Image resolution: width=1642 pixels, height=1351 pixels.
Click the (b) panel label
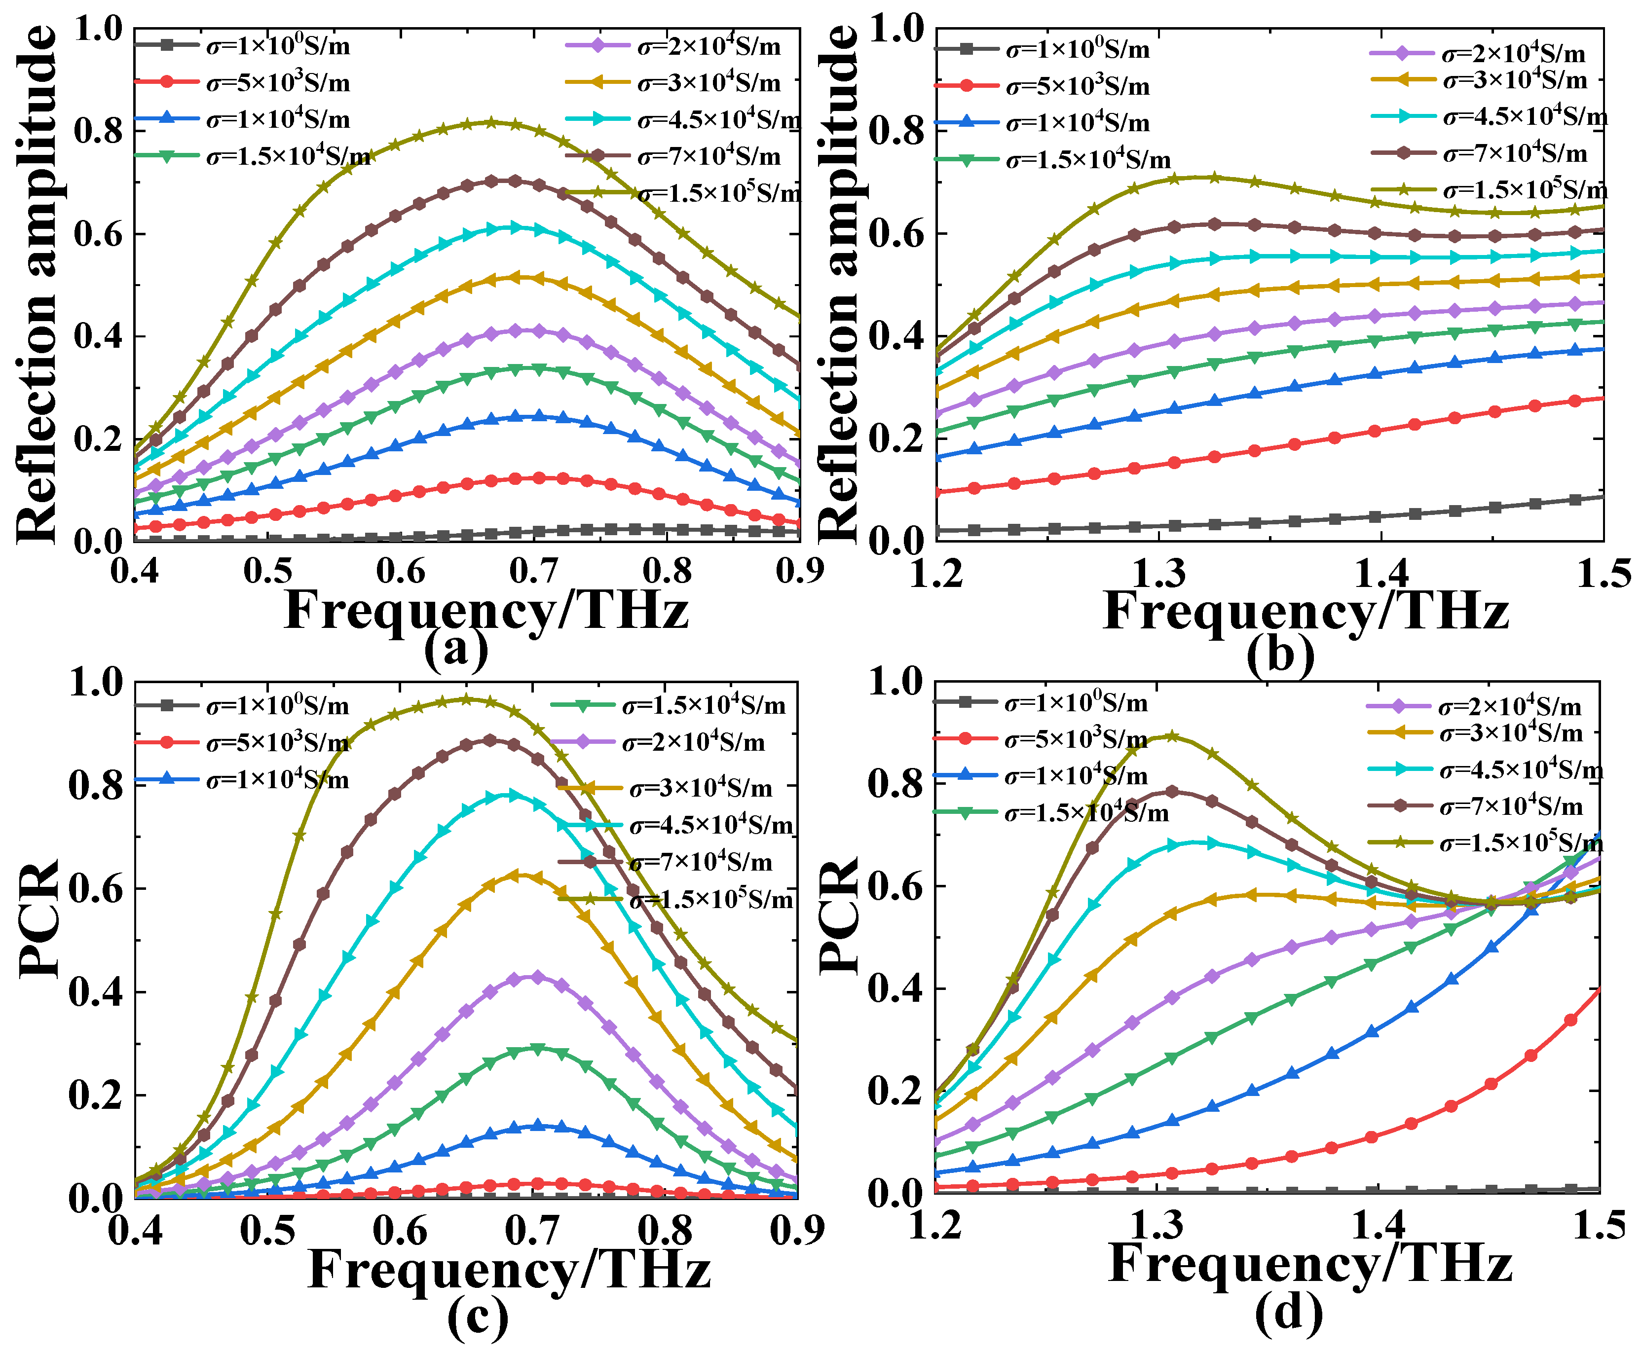[1280, 654]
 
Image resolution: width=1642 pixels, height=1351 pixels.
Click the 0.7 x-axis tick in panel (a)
[534, 571]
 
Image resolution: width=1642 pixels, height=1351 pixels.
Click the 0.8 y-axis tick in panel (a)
[98, 131]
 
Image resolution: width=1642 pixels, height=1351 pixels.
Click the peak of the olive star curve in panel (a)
[492, 122]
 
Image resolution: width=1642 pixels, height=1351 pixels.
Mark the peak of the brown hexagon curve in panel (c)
[490, 739]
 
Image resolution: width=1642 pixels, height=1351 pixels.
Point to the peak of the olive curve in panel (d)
[1170, 735]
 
